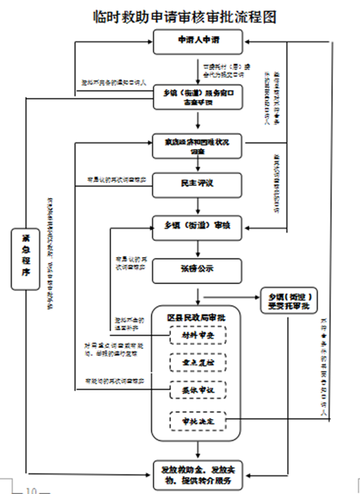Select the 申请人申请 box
click(198, 42)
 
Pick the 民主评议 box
click(198, 184)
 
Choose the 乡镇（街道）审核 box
click(198, 226)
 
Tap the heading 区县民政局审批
click(198, 317)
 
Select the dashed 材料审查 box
click(198, 336)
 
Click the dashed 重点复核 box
click(198, 363)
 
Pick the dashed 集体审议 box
click(198, 391)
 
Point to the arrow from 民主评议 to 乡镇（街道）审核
click(198, 206)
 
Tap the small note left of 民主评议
click(116, 179)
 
